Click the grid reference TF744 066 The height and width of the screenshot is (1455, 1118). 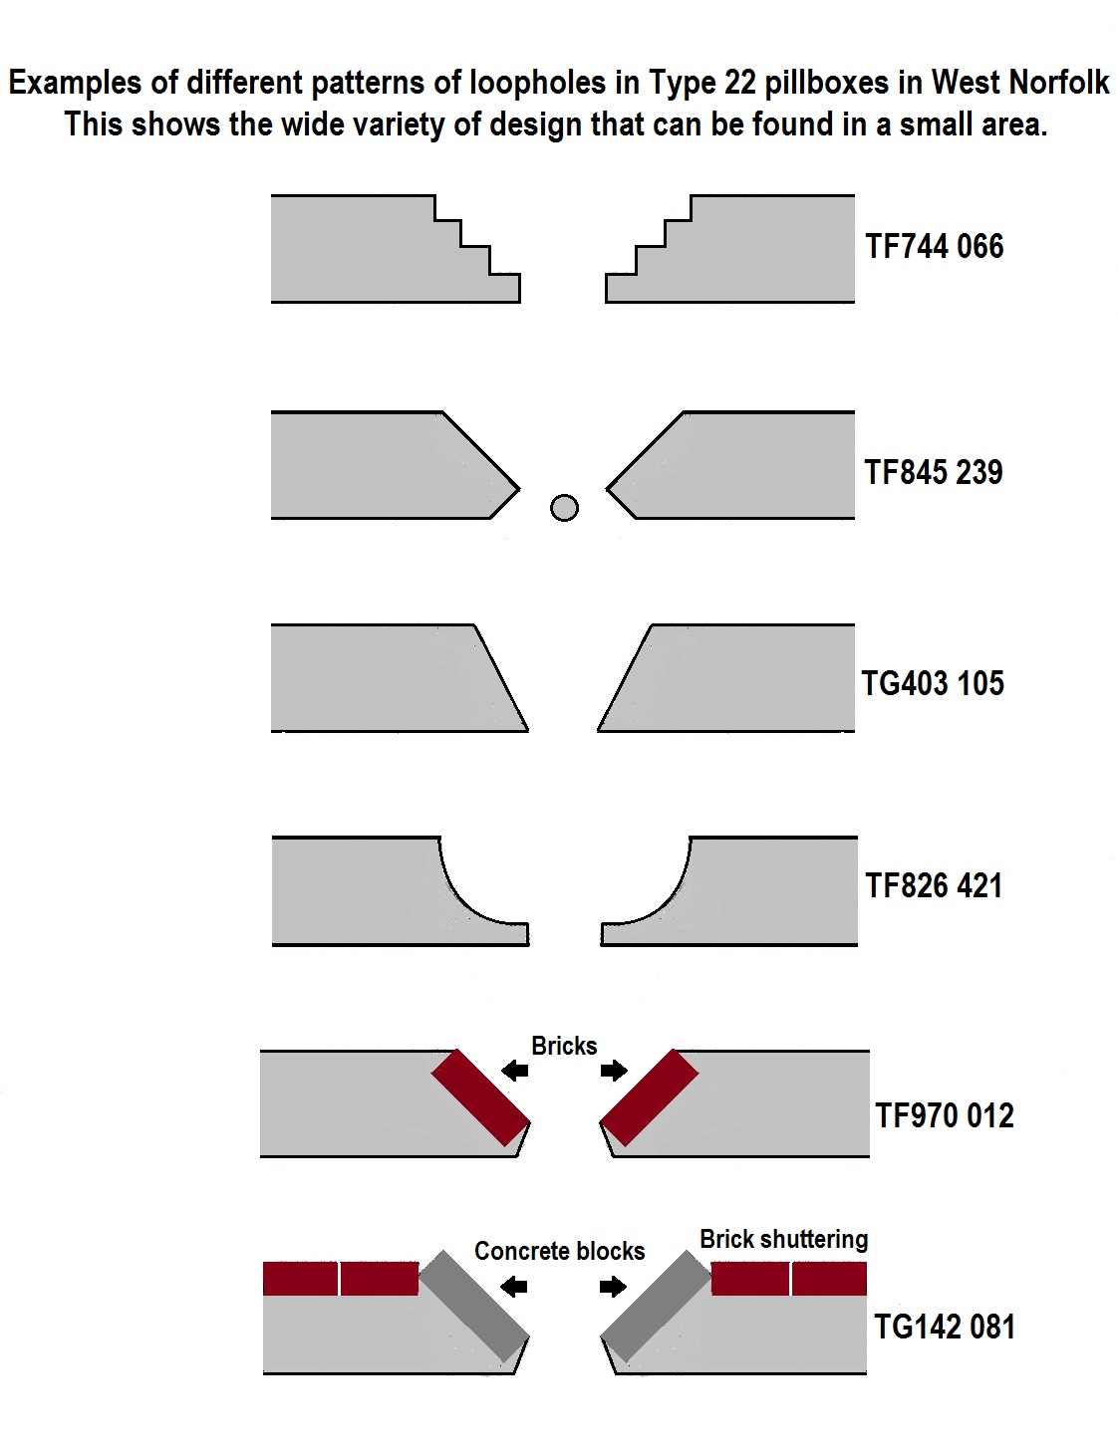point(934,246)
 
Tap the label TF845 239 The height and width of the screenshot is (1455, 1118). point(933,472)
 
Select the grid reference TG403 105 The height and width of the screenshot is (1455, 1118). point(933,683)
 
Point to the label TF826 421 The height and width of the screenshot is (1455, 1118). point(933,885)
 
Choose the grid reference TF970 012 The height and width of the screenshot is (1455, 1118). point(945,1115)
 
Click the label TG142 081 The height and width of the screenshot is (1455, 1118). point(945,1327)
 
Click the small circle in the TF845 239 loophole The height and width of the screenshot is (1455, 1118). point(564,508)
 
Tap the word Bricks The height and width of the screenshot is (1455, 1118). point(564,1046)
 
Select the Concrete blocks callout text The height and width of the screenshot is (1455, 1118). point(559,1250)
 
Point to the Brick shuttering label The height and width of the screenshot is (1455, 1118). point(784,1240)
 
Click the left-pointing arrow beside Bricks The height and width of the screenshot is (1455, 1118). point(514,1070)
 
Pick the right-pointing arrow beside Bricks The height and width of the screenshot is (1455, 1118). point(614,1070)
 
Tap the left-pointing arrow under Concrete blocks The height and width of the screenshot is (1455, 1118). point(514,1286)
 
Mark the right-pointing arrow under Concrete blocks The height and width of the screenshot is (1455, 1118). point(613,1286)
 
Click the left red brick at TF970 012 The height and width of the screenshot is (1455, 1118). point(480,1097)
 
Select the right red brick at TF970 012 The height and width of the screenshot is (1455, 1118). point(649,1097)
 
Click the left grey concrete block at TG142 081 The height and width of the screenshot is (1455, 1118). point(474,1306)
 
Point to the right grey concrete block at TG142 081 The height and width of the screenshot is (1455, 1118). point(656,1306)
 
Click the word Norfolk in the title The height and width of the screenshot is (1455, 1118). point(1059,83)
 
